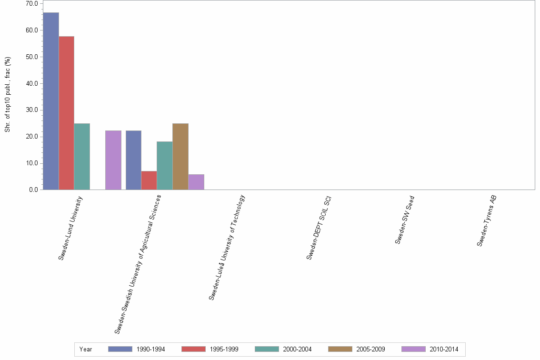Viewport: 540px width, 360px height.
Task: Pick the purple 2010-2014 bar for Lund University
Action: pos(113,160)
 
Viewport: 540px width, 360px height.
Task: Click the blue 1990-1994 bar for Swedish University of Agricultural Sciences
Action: pos(133,160)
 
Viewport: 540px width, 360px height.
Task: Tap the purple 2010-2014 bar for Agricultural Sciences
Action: pos(196,182)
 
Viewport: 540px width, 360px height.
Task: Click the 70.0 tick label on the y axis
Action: pos(32,4)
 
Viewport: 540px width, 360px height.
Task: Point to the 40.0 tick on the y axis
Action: pos(32,84)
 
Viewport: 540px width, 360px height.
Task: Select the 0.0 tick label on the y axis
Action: pos(33,190)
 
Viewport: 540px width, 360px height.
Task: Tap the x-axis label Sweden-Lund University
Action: pos(70,227)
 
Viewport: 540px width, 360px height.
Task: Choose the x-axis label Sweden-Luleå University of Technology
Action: pos(227,247)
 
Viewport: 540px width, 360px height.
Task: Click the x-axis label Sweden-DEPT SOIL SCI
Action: pos(319,227)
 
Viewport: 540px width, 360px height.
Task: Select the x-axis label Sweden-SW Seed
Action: pos(405,220)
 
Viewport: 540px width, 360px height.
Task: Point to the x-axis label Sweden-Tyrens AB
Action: pos(487,220)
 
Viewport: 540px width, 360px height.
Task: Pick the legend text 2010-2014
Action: pos(443,350)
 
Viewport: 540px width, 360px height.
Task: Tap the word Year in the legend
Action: pos(86,350)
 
